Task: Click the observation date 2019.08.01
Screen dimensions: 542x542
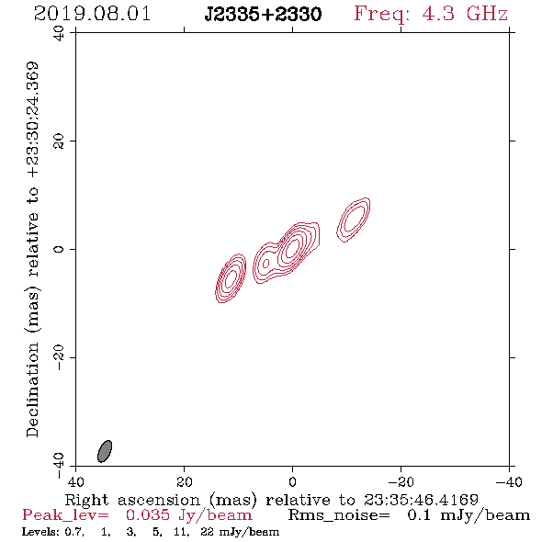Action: pos(92,14)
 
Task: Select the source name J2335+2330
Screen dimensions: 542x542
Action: pos(263,15)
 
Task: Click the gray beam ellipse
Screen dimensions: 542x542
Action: pos(105,451)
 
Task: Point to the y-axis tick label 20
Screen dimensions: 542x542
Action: pos(59,141)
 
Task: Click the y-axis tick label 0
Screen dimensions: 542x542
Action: pos(59,249)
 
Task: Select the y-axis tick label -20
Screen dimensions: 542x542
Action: pos(59,357)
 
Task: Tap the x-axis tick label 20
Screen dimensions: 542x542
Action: pos(184,481)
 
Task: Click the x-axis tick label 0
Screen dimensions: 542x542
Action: pos(292,481)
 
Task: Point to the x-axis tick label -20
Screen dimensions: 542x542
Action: pos(401,481)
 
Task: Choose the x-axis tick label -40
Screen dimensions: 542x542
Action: pos(509,481)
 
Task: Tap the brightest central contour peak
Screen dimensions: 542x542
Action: pos(292,247)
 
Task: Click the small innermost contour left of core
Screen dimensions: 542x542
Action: pos(265,264)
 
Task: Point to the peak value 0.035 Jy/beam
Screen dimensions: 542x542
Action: pos(188,515)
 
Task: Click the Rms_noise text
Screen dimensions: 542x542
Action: pos(339,515)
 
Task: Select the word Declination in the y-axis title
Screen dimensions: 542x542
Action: pos(32,390)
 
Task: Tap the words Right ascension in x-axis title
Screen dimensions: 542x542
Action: pos(132,500)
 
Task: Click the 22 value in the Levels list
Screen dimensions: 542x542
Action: pos(207,532)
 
